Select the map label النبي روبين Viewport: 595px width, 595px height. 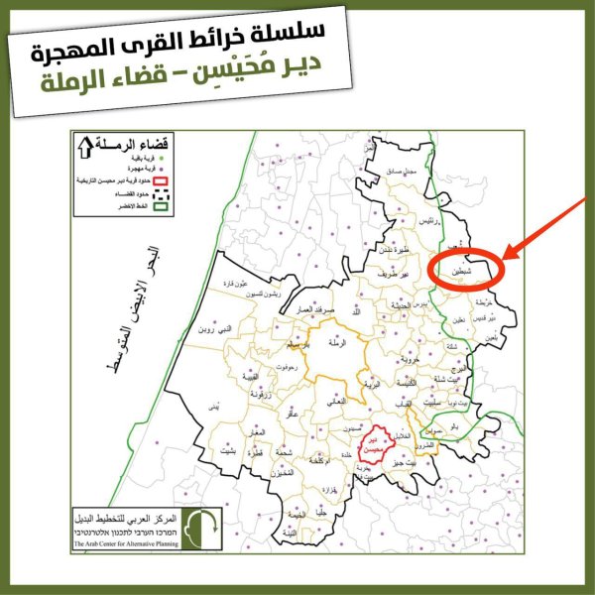(216, 327)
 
